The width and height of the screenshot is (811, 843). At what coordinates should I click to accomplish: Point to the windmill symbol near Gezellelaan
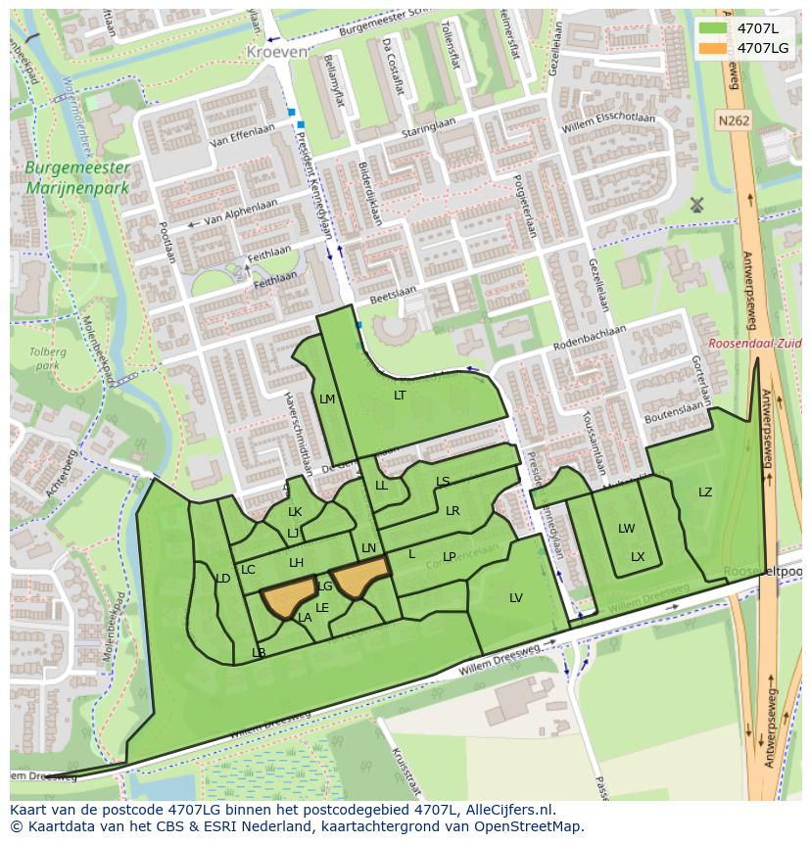(697, 205)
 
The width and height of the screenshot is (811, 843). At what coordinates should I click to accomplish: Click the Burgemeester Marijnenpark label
(77, 177)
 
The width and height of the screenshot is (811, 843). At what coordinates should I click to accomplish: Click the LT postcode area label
(400, 396)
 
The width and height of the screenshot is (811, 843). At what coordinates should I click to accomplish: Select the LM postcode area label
(327, 399)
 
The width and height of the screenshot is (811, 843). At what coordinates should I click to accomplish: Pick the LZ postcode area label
(705, 492)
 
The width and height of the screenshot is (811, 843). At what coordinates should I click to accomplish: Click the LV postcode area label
(516, 598)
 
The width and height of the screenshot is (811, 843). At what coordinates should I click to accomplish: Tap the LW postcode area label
(626, 529)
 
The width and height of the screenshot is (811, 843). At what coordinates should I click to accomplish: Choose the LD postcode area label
(222, 579)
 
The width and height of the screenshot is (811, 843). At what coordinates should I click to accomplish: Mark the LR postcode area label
(453, 511)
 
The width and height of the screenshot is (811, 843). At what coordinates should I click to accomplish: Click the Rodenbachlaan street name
(590, 338)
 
